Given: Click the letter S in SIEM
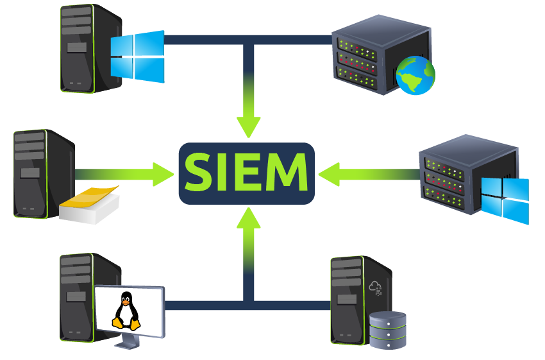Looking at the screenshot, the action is point(198,172).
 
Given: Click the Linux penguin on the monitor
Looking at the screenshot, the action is point(126,311).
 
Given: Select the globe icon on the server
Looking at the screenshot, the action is point(415,75).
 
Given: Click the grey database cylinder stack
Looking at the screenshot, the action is point(387,330).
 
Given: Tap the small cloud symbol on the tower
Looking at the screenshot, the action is point(375,288).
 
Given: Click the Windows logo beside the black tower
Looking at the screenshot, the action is point(137,56).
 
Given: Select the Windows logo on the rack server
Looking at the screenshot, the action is point(505,201).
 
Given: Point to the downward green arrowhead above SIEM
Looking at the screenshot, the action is point(249,127).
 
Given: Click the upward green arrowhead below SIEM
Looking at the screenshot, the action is point(249,218).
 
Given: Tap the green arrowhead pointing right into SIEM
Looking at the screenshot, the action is point(163,173).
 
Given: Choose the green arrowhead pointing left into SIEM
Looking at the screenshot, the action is point(329,175).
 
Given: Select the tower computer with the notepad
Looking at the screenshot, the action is point(44,174).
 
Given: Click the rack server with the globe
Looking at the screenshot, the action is point(382,55).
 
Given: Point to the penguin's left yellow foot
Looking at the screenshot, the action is point(117,323).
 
